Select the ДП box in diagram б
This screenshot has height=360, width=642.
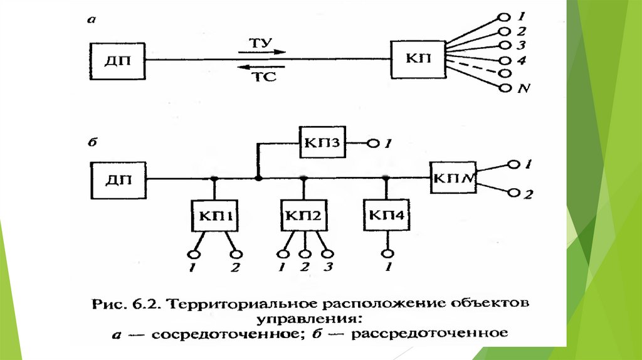(117, 179)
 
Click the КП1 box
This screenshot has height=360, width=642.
(213, 216)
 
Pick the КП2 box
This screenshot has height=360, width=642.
(303, 216)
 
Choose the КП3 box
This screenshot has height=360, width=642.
(323, 143)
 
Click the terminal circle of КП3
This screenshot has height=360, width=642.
(374, 144)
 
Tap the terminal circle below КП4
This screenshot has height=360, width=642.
(387, 253)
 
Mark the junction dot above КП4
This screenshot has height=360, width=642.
(387, 179)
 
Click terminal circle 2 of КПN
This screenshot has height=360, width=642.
(514, 193)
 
